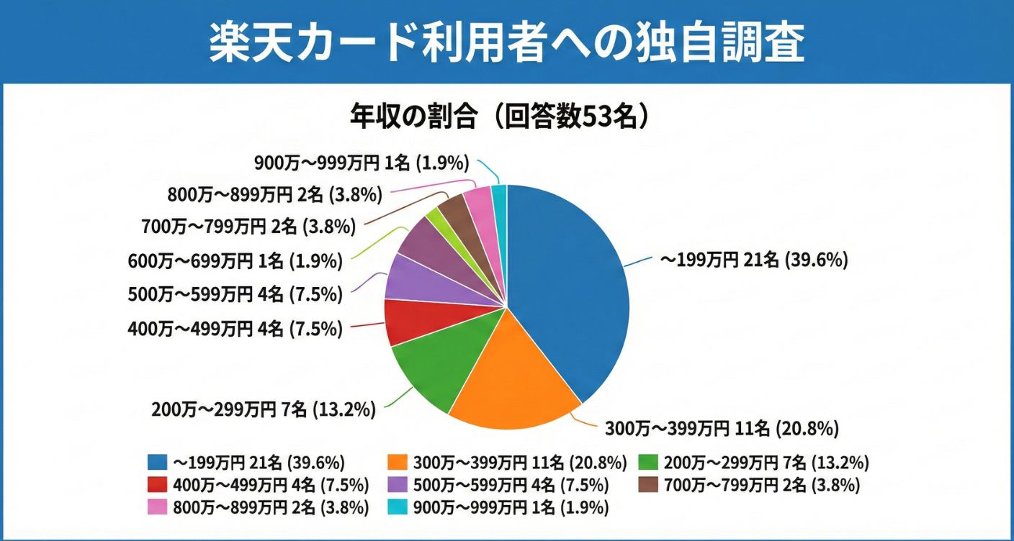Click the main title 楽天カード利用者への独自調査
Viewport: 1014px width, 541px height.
tap(506, 42)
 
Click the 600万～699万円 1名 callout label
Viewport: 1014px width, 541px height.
tap(235, 261)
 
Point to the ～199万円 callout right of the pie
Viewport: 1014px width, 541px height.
tap(754, 260)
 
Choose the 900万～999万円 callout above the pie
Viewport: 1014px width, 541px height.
tap(362, 163)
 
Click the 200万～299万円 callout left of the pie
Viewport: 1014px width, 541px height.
tap(264, 410)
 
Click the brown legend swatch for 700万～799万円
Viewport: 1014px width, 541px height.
tap(649, 485)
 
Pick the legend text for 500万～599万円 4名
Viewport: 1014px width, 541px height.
tap(511, 485)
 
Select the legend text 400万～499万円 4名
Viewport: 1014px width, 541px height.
tap(272, 485)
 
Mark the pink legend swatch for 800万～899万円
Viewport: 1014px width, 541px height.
tap(157, 508)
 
